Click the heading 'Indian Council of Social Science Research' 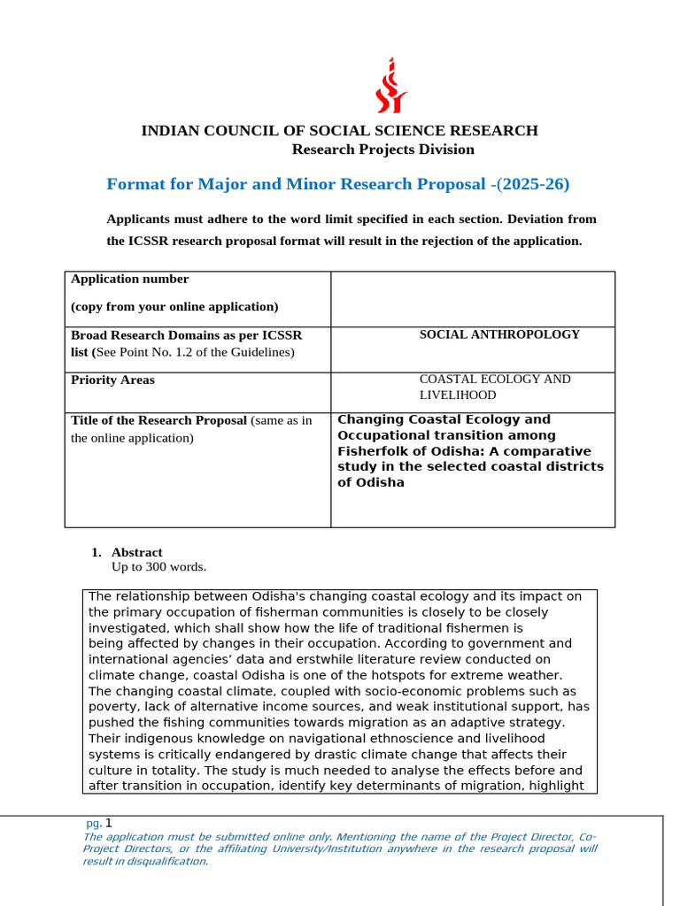click(x=339, y=131)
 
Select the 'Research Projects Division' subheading click(x=382, y=150)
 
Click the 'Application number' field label click(x=130, y=280)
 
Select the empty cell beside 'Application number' click(x=472, y=299)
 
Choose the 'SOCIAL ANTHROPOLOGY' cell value click(x=499, y=334)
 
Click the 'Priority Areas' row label click(x=112, y=380)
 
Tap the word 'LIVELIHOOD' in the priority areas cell click(x=458, y=395)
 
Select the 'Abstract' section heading click(x=136, y=552)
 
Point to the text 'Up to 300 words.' click(x=158, y=567)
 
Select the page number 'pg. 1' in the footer click(x=99, y=823)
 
